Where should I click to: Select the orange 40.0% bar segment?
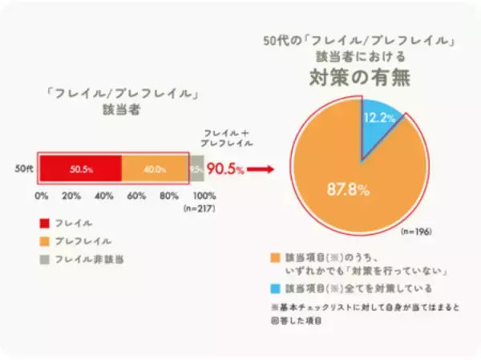coord(155,169)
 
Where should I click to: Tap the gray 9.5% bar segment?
coord(196,169)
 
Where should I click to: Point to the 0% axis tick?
coord(42,195)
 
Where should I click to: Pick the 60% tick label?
coord(137,195)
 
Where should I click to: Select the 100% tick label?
coord(204,195)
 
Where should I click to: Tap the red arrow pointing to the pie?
coord(257,169)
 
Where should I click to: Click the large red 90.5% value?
coord(225,169)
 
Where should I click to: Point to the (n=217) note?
coord(203,206)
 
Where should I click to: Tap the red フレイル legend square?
coord(42,221)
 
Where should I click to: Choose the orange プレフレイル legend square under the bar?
coord(42,240)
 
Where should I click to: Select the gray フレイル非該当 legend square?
coord(42,258)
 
